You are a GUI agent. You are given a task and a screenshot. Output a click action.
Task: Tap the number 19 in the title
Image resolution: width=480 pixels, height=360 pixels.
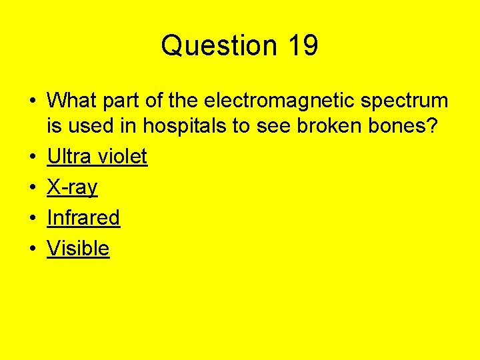pyautogui.click(x=303, y=46)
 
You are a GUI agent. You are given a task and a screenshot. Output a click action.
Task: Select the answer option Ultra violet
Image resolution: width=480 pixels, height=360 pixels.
pyautogui.click(x=97, y=157)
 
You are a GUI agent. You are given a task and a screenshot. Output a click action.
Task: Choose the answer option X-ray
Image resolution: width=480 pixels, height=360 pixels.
pyautogui.click(x=72, y=187)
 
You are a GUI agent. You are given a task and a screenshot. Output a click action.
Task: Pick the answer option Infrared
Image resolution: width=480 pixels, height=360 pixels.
pyautogui.click(x=83, y=217)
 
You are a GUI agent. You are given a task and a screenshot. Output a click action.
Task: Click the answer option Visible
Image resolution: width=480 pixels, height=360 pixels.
pyautogui.click(x=78, y=248)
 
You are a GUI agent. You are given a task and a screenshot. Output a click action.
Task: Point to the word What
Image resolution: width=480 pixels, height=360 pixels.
pyautogui.click(x=70, y=101)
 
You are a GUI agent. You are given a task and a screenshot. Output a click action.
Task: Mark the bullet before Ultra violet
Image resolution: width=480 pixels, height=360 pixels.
pyautogui.click(x=33, y=157)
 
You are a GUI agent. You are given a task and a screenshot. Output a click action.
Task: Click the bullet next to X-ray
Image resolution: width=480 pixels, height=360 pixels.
pyautogui.click(x=33, y=188)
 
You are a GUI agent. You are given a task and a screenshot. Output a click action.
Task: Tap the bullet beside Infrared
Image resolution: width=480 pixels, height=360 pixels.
pyautogui.click(x=33, y=218)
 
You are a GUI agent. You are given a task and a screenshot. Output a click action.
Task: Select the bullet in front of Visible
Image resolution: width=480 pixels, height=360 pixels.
pyautogui.click(x=33, y=249)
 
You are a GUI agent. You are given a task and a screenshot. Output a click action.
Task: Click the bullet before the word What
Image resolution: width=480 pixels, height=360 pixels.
pyautogui.click(x=33, y=101)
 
